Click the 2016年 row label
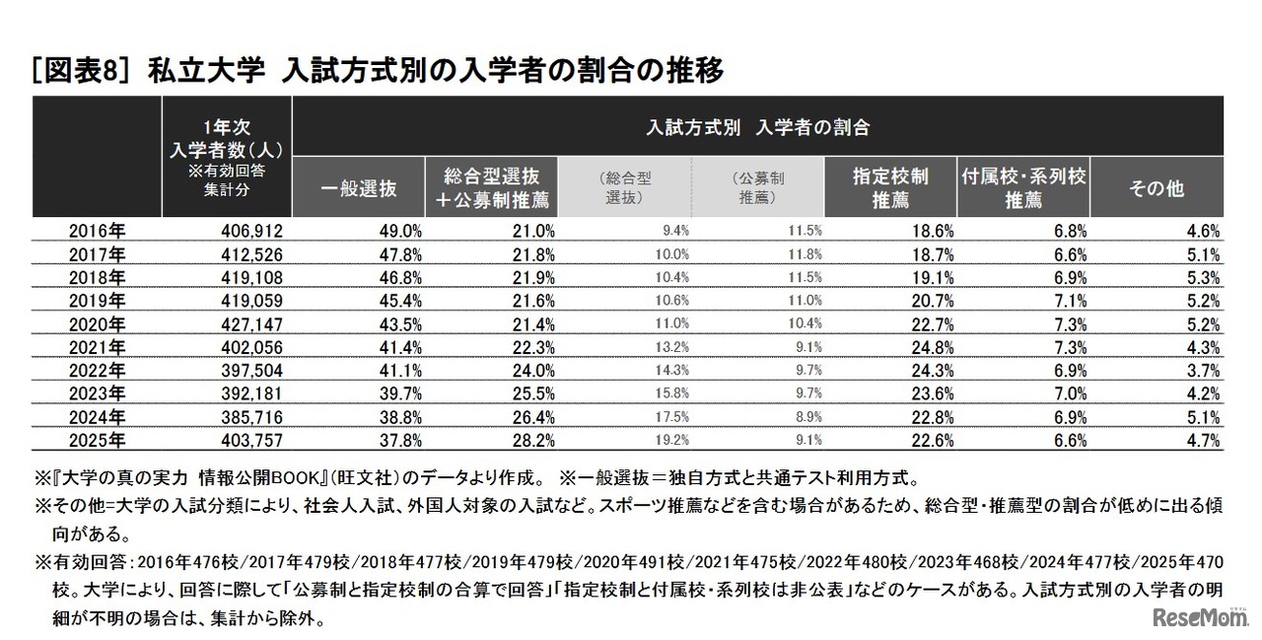click(97, 231)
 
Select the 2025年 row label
click(97, 440)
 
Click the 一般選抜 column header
click(360, 188)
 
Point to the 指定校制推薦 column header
click(890, 188)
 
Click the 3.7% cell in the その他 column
click(1204, 371)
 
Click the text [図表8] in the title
click(84, 71)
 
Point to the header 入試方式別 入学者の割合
click(758, 127)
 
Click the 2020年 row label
click(97, 323)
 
